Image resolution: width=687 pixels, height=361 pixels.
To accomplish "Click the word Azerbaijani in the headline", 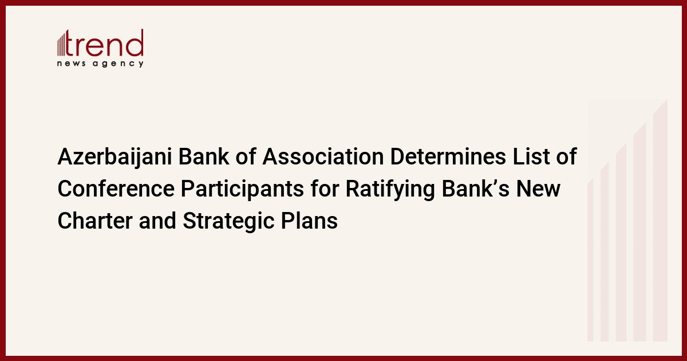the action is point(114,157).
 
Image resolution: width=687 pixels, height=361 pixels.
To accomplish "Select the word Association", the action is point(323,156).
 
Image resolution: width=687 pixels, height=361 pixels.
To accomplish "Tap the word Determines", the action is point(448,156).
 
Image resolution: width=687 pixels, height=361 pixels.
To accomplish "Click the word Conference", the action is point(116,189).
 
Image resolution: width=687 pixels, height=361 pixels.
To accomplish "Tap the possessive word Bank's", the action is point(476,189).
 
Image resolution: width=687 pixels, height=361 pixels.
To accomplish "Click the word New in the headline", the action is point(539,189).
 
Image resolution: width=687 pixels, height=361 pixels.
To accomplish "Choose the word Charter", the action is point(95,221).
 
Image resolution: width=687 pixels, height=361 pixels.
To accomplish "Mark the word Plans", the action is point(309,221).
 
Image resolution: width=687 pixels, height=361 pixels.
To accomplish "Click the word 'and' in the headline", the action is point(157,221).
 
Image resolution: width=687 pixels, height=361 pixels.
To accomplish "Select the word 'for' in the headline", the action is point(325,189).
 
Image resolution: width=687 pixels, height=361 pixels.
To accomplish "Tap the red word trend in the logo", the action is point(104,43).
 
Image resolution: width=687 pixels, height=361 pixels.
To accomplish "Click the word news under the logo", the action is point(71,64).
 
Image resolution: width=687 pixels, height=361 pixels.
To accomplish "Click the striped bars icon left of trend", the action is point(61,45).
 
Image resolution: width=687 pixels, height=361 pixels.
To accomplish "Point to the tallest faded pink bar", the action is point(660,220).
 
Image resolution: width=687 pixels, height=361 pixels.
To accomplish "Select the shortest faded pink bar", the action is point(590,260).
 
